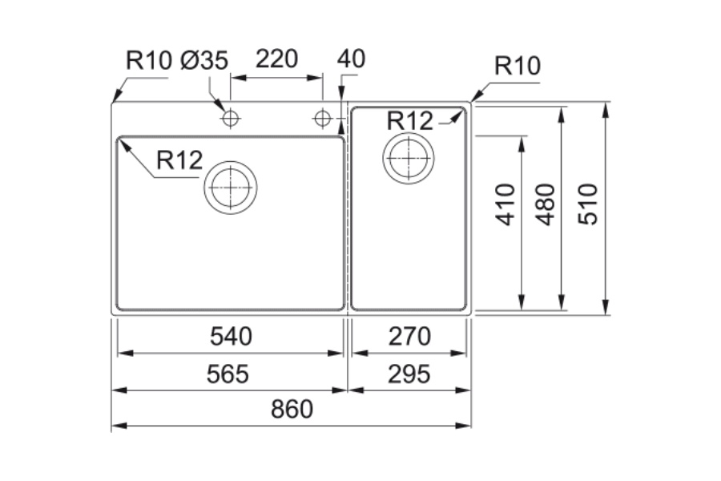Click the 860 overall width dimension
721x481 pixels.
291,410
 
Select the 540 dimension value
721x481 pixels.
231,337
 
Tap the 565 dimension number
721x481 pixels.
228,374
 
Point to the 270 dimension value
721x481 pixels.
409,337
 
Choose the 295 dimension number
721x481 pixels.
409,374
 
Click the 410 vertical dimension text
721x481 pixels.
506,204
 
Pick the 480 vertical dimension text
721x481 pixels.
545,204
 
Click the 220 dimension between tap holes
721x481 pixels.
276,59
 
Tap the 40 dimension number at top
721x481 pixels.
351,59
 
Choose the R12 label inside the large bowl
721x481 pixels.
179,160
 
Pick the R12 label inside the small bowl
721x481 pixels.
409,120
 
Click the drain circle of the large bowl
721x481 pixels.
230,187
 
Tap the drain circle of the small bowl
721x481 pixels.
409,157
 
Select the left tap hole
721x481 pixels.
231,119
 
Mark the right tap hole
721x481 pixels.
323,119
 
